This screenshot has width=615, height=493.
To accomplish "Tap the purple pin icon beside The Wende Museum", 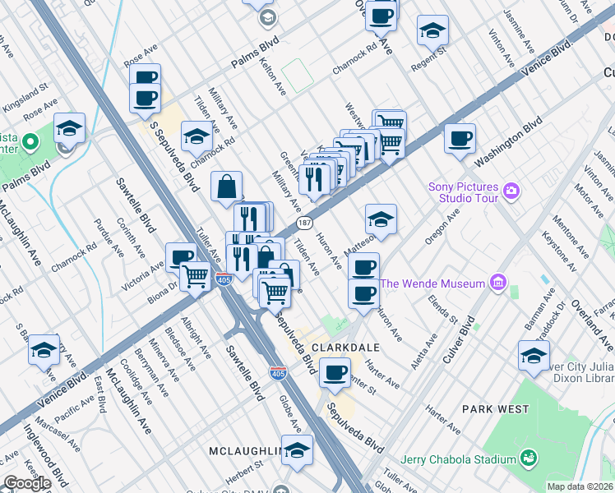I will click(x=497, y=284).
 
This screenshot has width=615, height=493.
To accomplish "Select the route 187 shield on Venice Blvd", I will click(x=304, y=223).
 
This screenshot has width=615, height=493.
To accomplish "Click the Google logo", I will click(x=26, y=483).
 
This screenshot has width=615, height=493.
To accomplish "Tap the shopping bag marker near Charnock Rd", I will click(x=227, y=187).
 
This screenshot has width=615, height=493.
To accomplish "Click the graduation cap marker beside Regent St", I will click(x=432, y=31).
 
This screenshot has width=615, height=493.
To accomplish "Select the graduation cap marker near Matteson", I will click(x=381, y=219).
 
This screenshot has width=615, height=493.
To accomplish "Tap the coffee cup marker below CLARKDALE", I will click(x=335, y=372).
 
